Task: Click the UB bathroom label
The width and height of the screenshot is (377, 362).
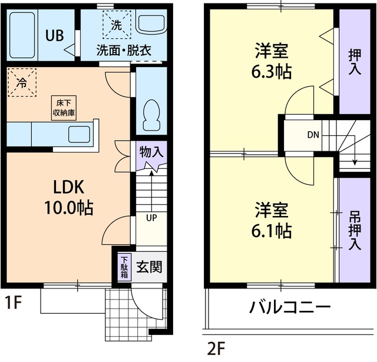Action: point(55,34)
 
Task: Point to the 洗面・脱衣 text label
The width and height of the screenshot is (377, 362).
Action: point(124,51)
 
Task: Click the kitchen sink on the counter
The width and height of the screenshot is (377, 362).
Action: point(78,134)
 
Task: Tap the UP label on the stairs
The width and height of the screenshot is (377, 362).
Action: point(151,218)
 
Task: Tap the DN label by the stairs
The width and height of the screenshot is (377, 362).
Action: point(313,134)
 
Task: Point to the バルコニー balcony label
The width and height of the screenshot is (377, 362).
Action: point(289,307)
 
